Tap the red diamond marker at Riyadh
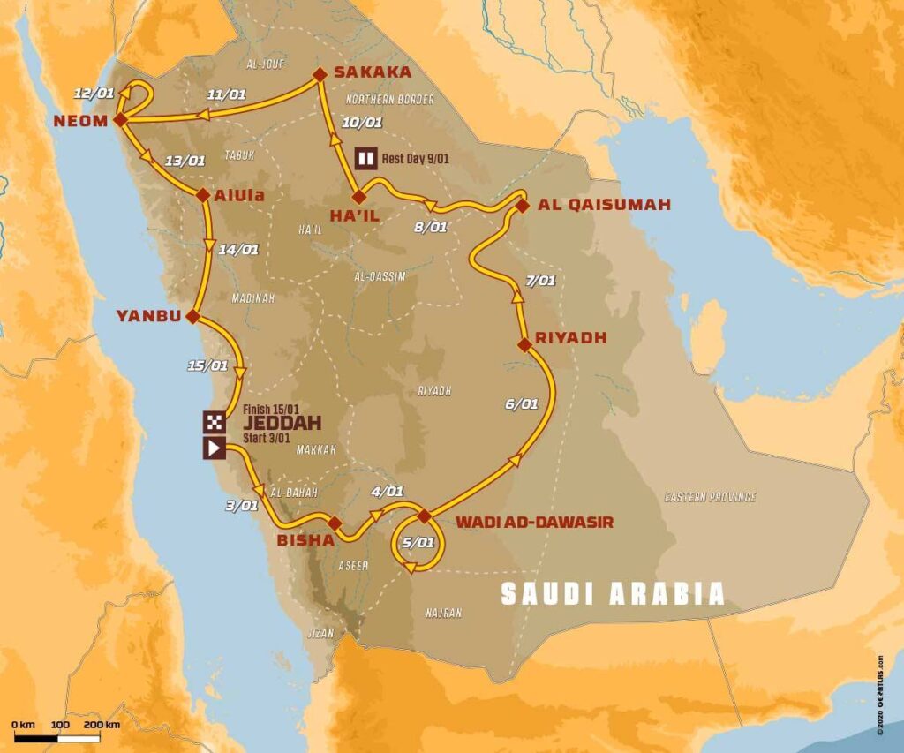[524, 345]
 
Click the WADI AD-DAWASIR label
[534, 523]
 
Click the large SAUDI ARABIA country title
[613, 593]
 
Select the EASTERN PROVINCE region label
[710, 498]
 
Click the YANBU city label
[147, 315]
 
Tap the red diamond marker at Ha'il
[358, 197]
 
